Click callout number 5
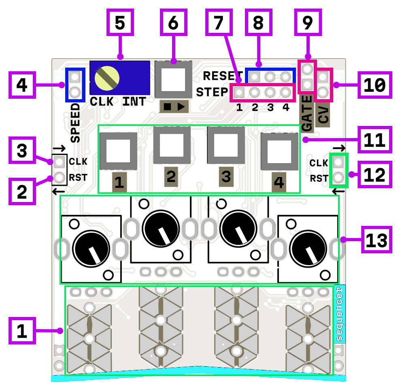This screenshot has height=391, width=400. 120,23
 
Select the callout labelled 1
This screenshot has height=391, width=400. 23,331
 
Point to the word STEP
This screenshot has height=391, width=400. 212,92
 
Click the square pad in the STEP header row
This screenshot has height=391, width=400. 239,93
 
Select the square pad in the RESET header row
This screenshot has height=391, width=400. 254,76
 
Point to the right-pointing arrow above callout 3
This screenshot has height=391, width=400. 59,149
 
